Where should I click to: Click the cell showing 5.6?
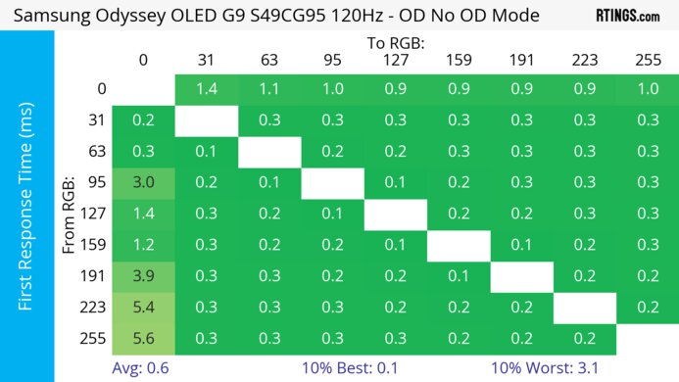tap(143, 338)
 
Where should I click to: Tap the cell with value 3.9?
tap(143, 276)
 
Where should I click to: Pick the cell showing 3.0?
tap(143, 183)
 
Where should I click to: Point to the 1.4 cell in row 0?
tap(206, 89)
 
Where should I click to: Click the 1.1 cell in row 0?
tap(268, 89)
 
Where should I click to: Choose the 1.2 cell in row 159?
tap(143, 245)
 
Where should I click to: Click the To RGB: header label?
tap(396, 44)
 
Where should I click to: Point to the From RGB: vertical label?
tap(70, 214)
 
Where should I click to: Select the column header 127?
tap(395, 61)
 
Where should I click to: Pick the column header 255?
tap(647, 61)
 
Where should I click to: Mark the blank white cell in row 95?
tap(332, 183)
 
